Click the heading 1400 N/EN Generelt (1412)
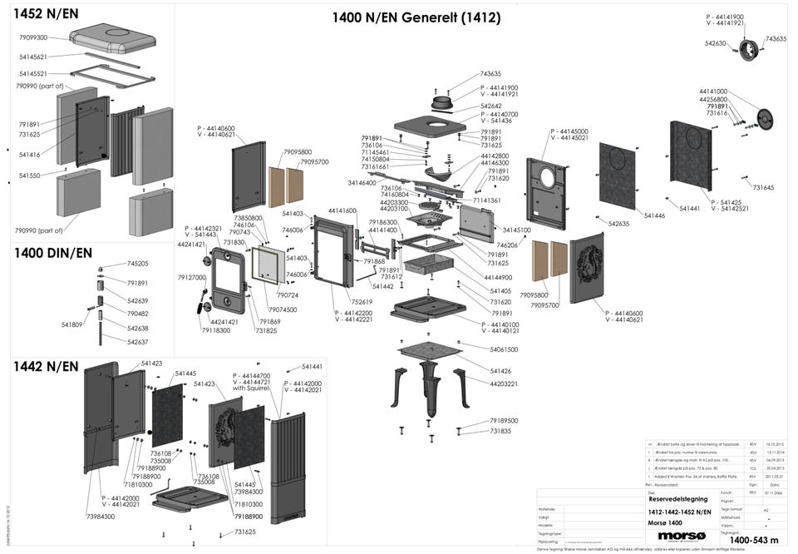tap(416, 17)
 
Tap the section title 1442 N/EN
tap(46, 366)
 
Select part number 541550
tap(29, 176)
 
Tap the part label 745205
tap(138, 263)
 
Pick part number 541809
tap(72, 324)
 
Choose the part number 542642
tap(491, 106)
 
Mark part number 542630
tap(717, 43)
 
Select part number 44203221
tap(504, 383)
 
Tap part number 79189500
tap(504, 421)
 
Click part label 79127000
tap(191, 277)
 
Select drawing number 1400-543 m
tap(754, 540)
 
